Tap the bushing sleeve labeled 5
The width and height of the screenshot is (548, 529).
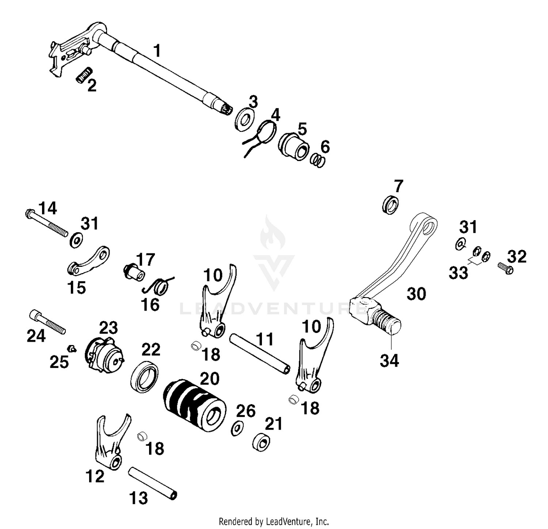coord(294,146)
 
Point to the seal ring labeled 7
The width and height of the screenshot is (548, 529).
coord(391,204)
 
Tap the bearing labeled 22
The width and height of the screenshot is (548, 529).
coord(144,377)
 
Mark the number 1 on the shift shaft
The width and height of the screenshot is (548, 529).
coord(157,51)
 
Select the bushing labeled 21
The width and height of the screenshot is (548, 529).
coord(262,442)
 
